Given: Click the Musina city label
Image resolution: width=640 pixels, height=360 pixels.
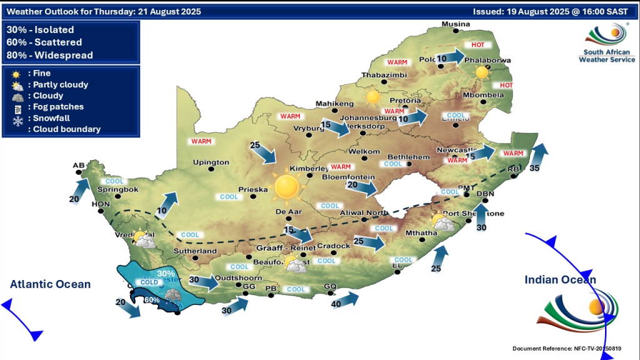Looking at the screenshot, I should click(455, 24).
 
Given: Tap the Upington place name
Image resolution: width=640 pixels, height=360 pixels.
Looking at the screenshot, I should click(212, 162).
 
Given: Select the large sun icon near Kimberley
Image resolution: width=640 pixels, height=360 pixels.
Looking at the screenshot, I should click(287, 186).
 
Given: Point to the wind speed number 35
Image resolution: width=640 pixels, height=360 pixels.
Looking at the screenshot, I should click(534, 168).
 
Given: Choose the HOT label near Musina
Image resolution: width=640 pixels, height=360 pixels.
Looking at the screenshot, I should click(478, 46).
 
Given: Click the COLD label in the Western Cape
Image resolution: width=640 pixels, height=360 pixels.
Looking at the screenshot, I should click(149, 282).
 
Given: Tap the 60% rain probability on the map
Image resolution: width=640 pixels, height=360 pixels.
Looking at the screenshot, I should click(151, 300).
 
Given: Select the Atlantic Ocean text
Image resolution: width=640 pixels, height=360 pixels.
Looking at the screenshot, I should click(50, 284).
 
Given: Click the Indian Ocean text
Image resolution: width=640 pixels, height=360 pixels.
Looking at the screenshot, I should click(560, 280).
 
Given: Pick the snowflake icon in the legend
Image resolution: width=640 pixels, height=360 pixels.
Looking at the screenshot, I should click(16, 119).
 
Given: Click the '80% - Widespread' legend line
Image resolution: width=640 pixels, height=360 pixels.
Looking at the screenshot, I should click(49, 55).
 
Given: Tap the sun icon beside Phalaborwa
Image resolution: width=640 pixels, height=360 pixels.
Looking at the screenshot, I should click(481, 72).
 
